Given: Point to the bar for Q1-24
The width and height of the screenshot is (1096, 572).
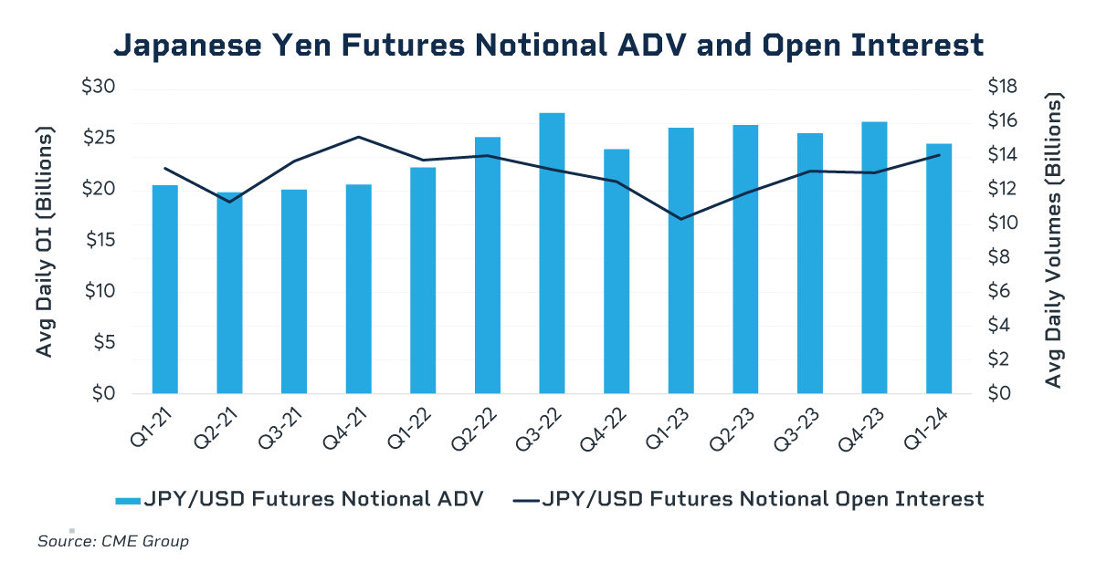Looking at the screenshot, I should coord(939,269).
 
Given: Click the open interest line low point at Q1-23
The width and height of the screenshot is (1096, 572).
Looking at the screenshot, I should coord(681,219).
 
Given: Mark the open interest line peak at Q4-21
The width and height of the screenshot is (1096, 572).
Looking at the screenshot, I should coord(358,137).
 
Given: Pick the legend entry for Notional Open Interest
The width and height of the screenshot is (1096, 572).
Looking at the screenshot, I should coord(749,499).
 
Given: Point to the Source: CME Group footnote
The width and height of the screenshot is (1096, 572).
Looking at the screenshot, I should coord(113,542).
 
